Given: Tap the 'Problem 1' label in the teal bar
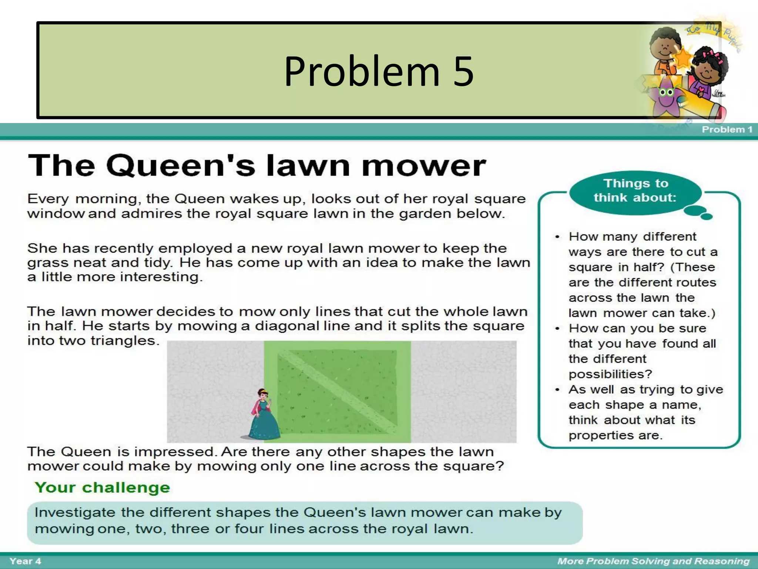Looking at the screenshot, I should [x=727, y=129].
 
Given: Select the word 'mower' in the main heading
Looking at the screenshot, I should [x=423, y=166].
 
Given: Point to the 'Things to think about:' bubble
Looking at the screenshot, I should [x=635, y=191].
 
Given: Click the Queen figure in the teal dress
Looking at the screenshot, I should [x=264, y=415].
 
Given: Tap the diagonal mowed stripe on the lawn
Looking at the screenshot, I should [x=337, y=391].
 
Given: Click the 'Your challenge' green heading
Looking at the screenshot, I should [x=102, y=488].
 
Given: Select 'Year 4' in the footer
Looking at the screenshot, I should [x=25, y=561].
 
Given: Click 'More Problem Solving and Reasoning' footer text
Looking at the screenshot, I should [x=653, y=561].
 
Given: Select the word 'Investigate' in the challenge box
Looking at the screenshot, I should [x=75, y=513].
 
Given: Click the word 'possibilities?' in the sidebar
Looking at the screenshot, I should [x=610, y=374].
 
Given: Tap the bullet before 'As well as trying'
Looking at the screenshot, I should [x=557, y=390].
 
